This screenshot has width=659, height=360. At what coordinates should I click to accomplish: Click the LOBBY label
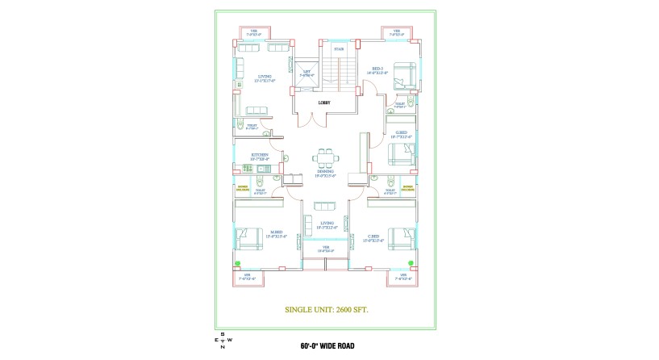324,103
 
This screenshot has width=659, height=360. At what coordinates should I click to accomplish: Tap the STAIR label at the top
339,49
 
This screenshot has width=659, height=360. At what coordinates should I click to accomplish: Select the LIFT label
307,73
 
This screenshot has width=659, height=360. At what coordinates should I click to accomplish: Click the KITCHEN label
260,156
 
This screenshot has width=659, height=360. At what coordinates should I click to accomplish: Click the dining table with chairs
326,156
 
